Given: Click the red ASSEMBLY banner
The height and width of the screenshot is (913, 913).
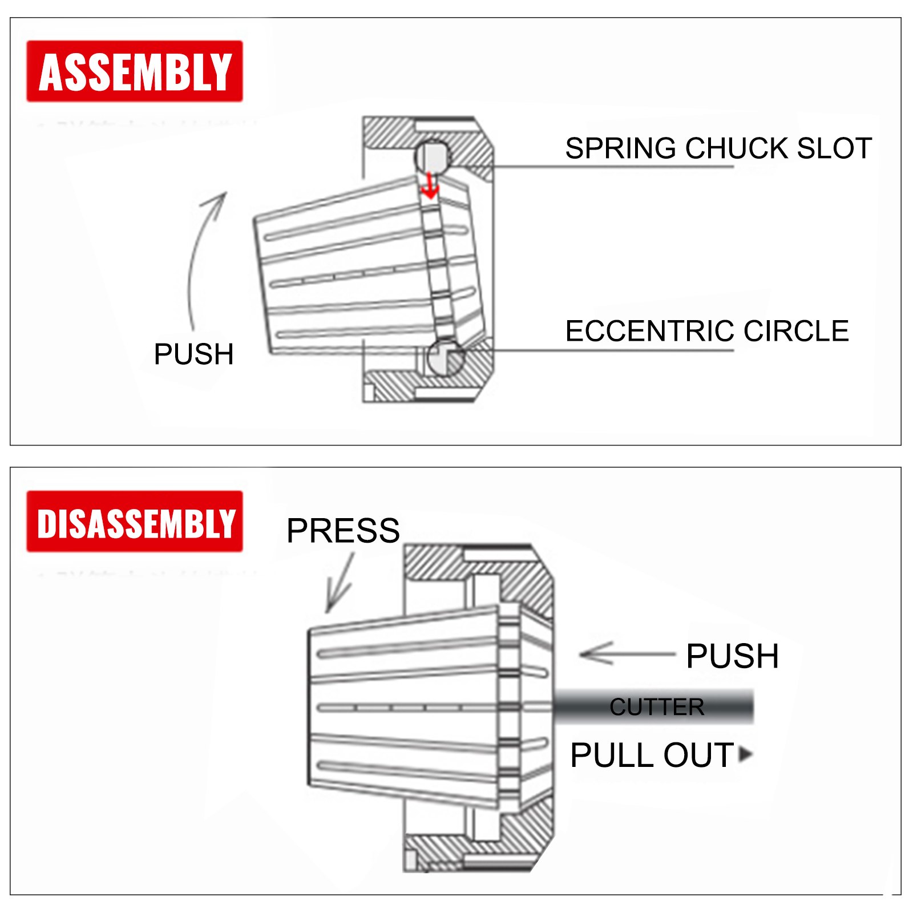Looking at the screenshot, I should (135, 71).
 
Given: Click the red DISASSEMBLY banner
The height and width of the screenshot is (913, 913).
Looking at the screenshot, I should (135, 522).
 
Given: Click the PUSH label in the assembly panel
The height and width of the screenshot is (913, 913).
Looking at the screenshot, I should (194, 354).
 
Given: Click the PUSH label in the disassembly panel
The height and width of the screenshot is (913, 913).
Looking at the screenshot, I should (732, 656).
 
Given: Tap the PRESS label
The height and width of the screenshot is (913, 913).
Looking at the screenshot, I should (343, 531).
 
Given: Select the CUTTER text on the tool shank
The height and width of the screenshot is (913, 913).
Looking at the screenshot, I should (657, 707).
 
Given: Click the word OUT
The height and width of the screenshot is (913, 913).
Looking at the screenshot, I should (698, 756).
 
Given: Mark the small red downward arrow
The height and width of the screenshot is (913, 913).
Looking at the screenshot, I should (430, 187).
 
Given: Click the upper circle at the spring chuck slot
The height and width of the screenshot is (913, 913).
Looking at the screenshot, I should (432, 155).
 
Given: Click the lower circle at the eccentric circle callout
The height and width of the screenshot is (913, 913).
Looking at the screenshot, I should (446, 357).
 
